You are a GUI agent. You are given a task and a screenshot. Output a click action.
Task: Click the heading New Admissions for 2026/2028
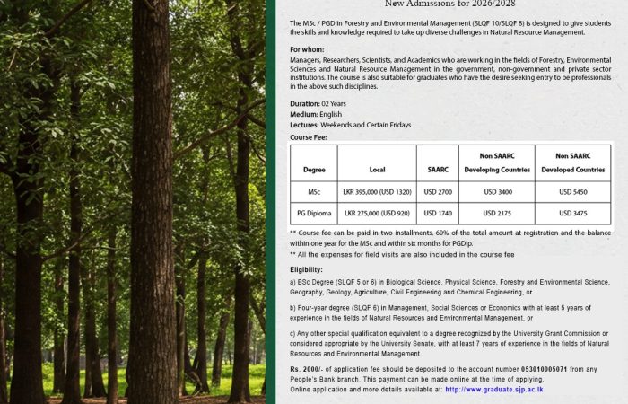(449, 4)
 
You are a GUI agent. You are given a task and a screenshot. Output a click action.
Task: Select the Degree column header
(314, 169)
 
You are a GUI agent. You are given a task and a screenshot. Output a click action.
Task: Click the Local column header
(377, 169)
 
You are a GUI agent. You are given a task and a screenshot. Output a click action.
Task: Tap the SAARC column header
(437, 169)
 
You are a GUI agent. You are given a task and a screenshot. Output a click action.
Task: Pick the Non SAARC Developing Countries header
(497, 162)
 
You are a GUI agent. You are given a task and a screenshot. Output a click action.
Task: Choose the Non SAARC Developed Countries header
(572, 162)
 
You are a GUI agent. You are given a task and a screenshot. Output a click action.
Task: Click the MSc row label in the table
(314, 192)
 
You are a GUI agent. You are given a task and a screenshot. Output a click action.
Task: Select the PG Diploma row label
(314, 214)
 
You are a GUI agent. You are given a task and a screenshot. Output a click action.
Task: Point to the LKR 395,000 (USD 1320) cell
(377, 192)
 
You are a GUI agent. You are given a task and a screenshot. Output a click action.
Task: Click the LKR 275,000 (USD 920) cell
(377, 214)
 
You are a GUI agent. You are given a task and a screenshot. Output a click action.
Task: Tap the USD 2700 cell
(437, 192)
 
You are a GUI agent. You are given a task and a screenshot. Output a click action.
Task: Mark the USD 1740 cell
(437, 214)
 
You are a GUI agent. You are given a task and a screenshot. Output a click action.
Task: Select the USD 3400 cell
(497, 192)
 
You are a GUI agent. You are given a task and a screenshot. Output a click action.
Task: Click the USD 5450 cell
(572, 192)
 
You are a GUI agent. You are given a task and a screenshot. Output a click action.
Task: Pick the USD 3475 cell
(572, 214)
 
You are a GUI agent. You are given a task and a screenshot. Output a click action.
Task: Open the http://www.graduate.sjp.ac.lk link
(493, 391)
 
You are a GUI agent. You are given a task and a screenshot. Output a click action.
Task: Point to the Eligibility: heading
(306, 270)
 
